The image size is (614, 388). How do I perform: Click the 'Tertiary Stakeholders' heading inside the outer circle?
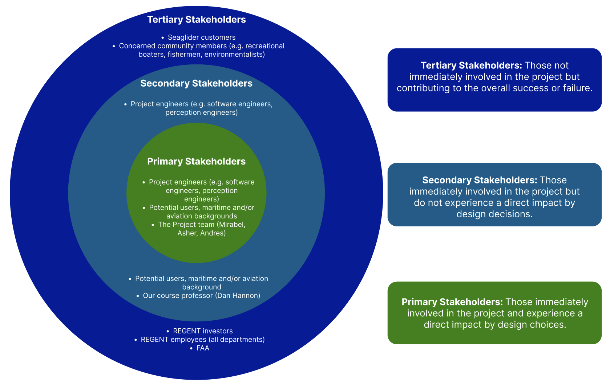pos(196,20)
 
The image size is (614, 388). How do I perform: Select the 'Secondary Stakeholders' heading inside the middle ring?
pos(196,83)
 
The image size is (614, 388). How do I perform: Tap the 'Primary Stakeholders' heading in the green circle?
pos(196,161)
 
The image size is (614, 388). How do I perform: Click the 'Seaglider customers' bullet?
pos(201,37)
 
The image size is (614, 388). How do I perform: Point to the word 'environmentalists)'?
pos(235,55)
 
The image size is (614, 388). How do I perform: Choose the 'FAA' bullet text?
pos(203,348)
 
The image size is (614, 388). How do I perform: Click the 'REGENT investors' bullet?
pos(203,331)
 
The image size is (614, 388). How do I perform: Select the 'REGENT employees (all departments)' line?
pos(203,340)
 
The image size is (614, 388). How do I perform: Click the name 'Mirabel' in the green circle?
pos(231,225)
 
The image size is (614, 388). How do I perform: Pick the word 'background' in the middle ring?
pos(202,287)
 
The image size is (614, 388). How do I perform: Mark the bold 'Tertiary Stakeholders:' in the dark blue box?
pos(471,66)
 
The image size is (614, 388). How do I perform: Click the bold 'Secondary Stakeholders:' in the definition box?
pos(480,180)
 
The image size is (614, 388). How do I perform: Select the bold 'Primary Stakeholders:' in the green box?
pos(452,302)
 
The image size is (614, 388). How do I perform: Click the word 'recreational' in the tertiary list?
pos(265,46)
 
